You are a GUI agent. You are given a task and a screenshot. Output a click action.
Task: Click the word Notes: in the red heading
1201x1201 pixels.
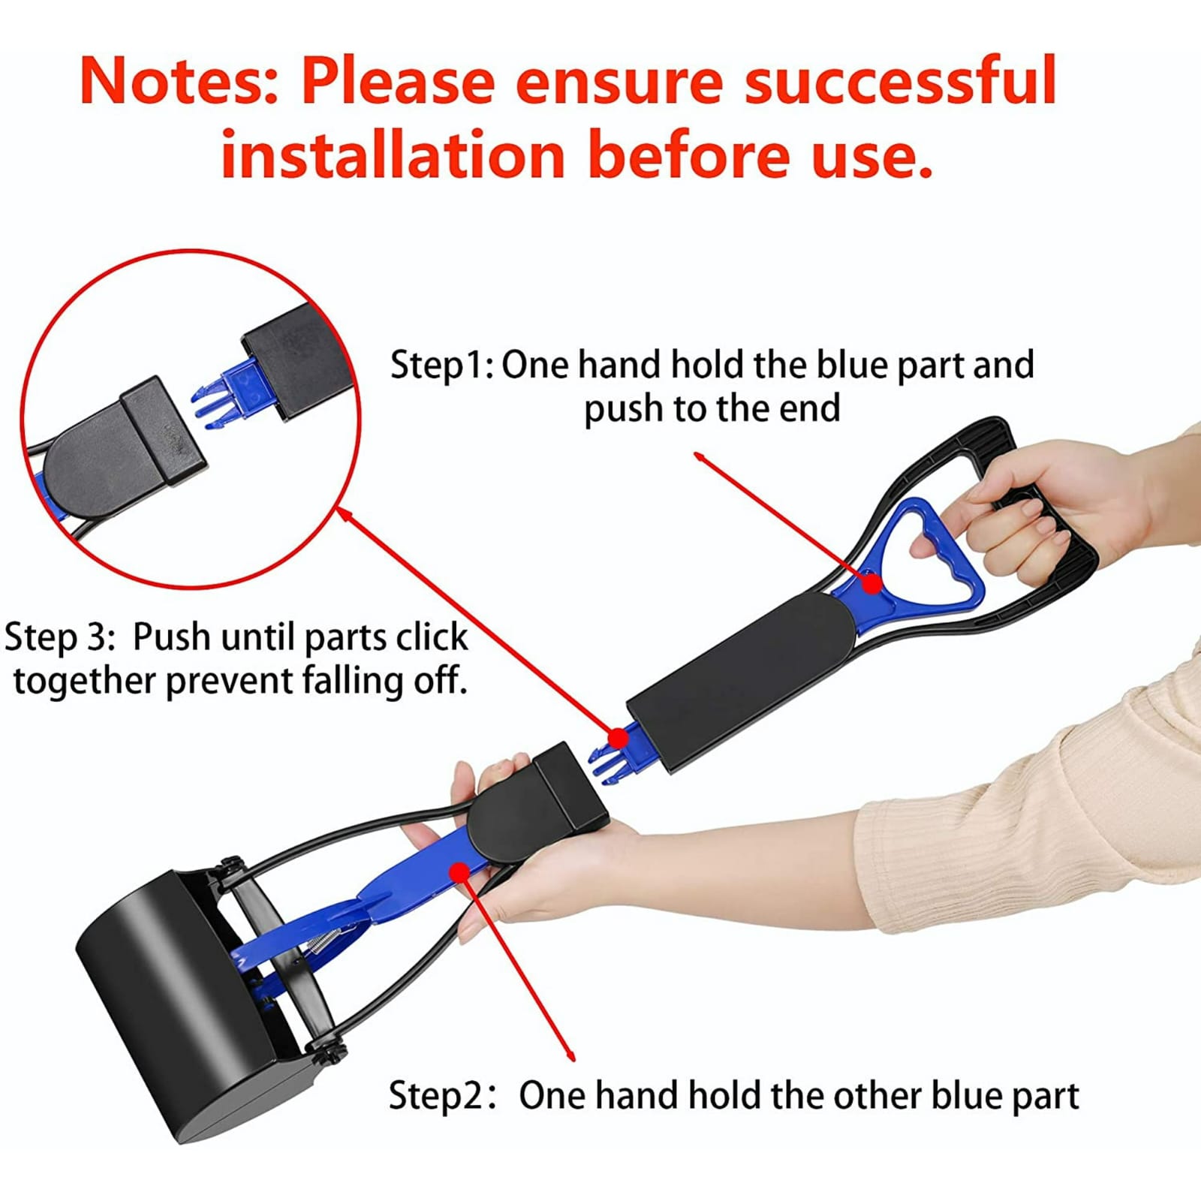tap(179, 81)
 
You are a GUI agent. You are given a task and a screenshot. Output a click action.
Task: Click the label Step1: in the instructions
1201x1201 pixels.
tap(441, 366)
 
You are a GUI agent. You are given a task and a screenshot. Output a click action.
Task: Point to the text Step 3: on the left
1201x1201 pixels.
tap(60, 637)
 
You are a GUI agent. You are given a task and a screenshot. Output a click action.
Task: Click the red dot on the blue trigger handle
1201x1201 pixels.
tap(871, 583)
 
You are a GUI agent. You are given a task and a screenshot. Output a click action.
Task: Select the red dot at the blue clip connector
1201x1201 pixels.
tap(617, 739)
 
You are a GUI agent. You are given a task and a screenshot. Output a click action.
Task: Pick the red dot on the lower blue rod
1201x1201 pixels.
tap(459, 871)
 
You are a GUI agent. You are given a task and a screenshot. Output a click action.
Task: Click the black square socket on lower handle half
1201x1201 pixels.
tap(570, 784)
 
